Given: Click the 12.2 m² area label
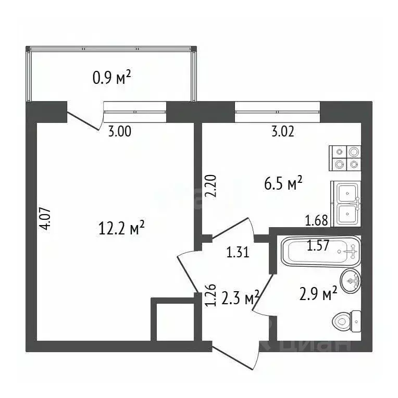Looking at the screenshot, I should pyautogui.click(x=121, y=228).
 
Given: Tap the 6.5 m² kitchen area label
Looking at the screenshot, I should pyautogui.click(x=281, y=184).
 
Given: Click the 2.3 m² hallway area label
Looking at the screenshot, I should pyautogui.click(x=241, y=299).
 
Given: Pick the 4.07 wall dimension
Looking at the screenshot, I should pyautogui.click(x=46, y=219).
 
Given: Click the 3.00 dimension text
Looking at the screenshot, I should pyautogui.click(x=119, y=131).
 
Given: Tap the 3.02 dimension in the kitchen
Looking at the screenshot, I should pyautogui.click(x=283, y=131).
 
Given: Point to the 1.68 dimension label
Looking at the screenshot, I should pyautogui.click(x=317, y=220).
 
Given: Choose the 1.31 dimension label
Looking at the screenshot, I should pyautogui.click(x=237, y=254).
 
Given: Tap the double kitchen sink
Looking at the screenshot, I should pyautogui.click(x=346, y=203).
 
